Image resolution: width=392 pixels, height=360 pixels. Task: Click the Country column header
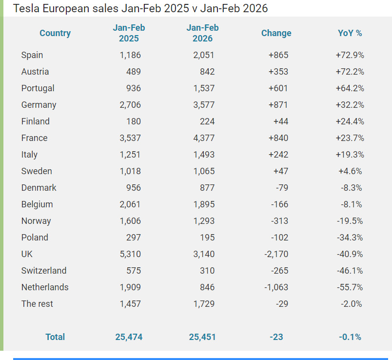click(x=55, y=33)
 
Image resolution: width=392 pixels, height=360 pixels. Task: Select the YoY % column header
click(x=350, y=33)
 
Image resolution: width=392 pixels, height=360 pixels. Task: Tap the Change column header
click(x=276, y=33)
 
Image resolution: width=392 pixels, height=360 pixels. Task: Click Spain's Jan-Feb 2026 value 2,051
click(x=203, y=55)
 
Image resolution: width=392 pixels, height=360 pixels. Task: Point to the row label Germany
click(x=39, y=105)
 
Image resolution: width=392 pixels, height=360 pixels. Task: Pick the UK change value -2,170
click(x=276, y=254)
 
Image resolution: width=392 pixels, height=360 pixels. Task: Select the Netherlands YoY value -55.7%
click(x=350, y=287)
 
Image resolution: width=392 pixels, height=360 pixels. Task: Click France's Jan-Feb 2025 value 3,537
click(x=130, y=138)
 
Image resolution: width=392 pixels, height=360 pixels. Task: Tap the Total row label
click(x=55, y=337)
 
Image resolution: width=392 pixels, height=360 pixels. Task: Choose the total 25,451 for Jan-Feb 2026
click(x=202, y=337)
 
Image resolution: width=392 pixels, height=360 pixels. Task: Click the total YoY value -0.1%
click(x=350, y=337)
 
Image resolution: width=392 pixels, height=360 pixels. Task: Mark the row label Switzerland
click(x=44, y=271)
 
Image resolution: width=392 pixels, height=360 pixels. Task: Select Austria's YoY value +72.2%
click(x=350, y=72)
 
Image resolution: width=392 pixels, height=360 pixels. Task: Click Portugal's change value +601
click(x=278, y=88)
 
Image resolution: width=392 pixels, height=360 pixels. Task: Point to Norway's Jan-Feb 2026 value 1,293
click(x=203, y=221)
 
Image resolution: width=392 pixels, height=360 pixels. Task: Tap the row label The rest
click(x=37, y=304)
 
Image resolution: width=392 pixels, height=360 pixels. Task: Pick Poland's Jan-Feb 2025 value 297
click(x=133, y=238)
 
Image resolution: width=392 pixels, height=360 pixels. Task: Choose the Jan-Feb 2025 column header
click(x=129, y=33)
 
